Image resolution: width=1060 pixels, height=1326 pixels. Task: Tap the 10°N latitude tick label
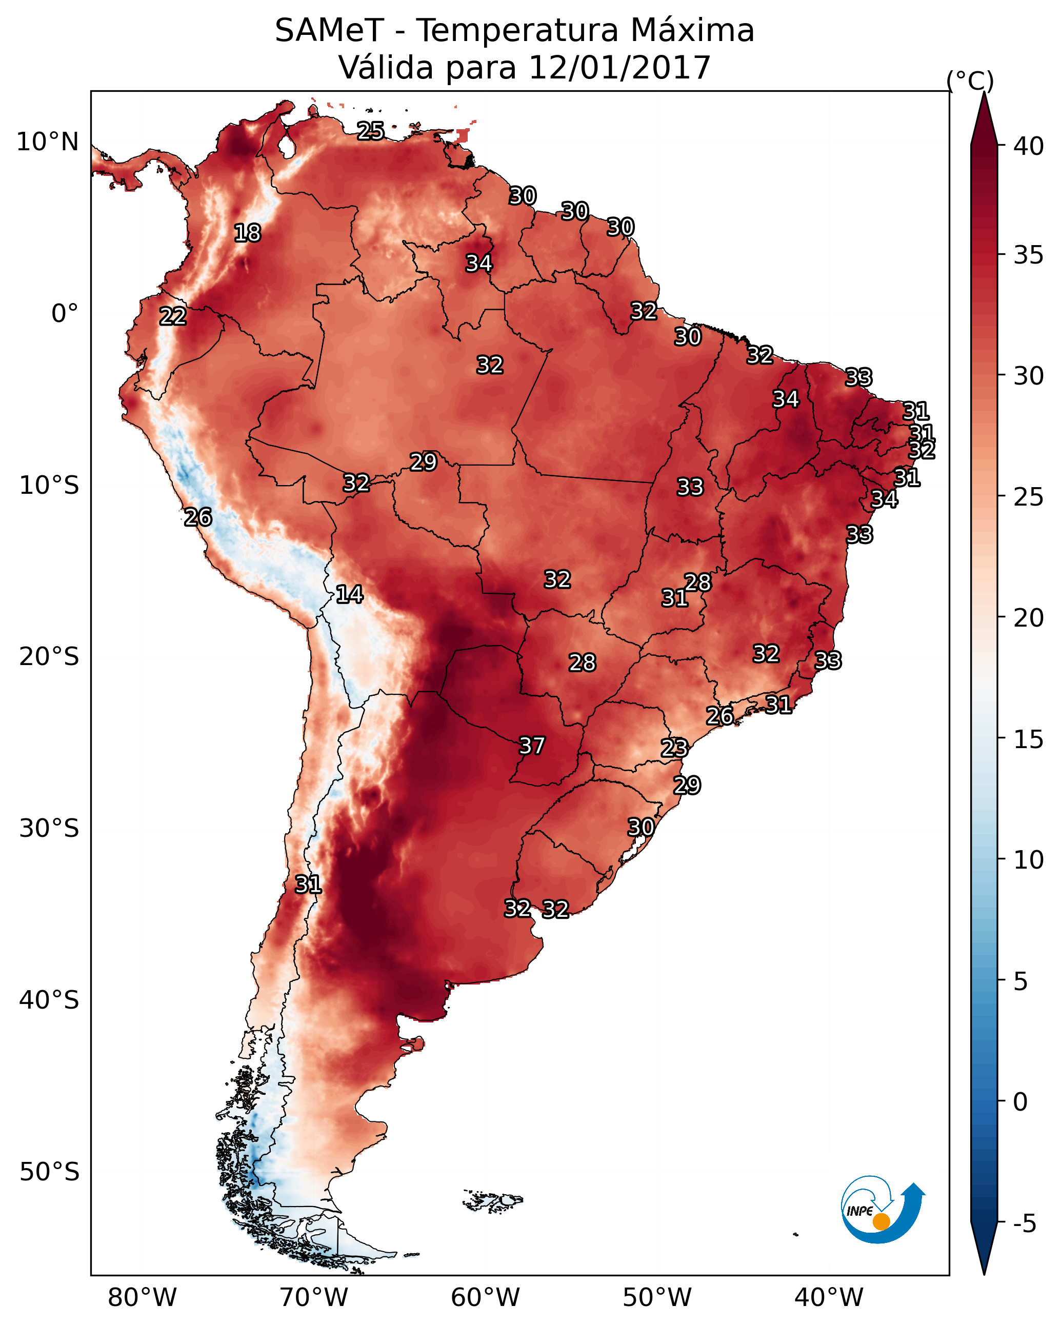[47, 142]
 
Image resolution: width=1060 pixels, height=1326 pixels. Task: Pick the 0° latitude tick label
[65, 314]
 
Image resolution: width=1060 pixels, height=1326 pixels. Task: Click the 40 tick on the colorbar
[1029, 146]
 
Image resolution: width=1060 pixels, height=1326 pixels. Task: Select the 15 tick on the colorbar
[1029, 739]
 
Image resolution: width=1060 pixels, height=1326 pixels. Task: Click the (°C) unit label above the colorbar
[970, 81]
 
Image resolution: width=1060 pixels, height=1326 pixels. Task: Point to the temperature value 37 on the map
[532, 746]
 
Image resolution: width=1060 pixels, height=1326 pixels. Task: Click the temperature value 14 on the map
[349, 594]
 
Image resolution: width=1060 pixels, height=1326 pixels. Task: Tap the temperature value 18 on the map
[247, 233]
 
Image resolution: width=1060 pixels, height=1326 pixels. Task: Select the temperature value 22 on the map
[173, 317]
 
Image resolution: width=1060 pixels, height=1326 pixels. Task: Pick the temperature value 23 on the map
[674, 748]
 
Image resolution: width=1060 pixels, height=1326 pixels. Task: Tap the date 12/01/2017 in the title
[619, 67]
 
